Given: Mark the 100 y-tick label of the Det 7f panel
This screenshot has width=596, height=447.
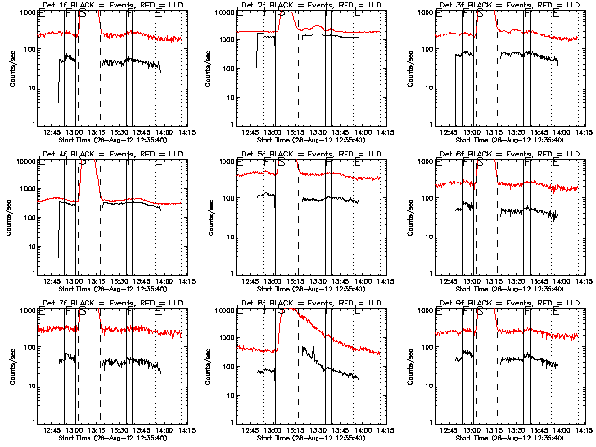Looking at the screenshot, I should click(x=29, y=348).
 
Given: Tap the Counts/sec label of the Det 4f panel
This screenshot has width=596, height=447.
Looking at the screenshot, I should click(x=12, y=218).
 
